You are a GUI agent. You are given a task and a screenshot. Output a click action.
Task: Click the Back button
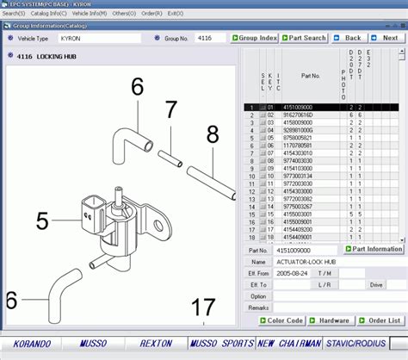coord(348,38)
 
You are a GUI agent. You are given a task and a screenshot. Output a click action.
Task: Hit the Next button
coord(386,38)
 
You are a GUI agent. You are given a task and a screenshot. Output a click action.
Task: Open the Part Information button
coord(374,249)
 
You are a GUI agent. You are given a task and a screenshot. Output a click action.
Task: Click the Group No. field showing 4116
coord(209,38)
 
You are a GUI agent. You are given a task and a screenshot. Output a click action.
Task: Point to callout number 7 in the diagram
coord(170,109)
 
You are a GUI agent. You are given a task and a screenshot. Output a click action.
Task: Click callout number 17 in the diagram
coord(204,307)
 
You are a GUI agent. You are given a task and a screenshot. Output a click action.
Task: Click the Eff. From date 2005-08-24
coord(293,272)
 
